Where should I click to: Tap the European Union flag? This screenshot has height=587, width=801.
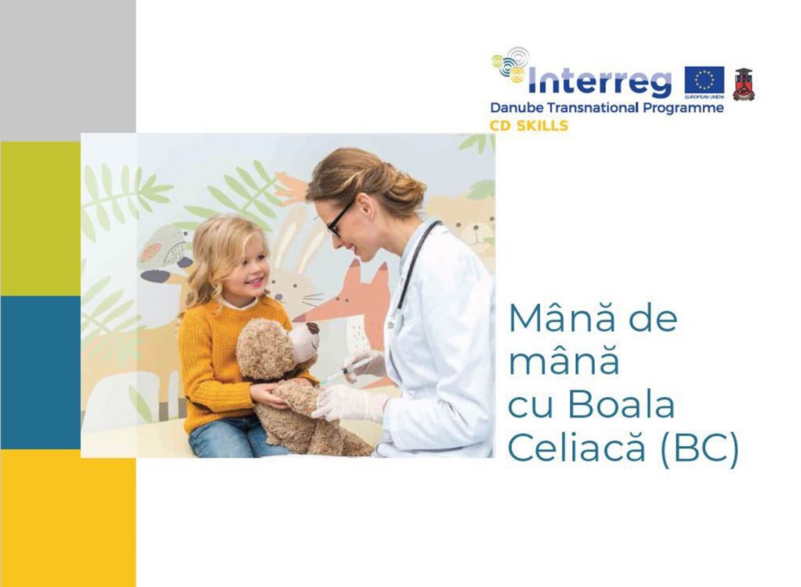point(704,81)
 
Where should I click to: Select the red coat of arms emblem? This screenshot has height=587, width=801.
point(743,84)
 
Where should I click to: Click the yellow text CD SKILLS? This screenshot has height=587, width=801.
point(529,125)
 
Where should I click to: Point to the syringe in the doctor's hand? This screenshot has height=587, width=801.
point(344,371)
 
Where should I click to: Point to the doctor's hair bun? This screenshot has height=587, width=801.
point(408,190)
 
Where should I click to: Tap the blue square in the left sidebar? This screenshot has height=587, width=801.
point(40,373)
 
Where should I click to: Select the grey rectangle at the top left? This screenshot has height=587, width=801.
point(68,70)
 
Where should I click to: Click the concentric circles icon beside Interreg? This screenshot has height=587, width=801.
point(511,65)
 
